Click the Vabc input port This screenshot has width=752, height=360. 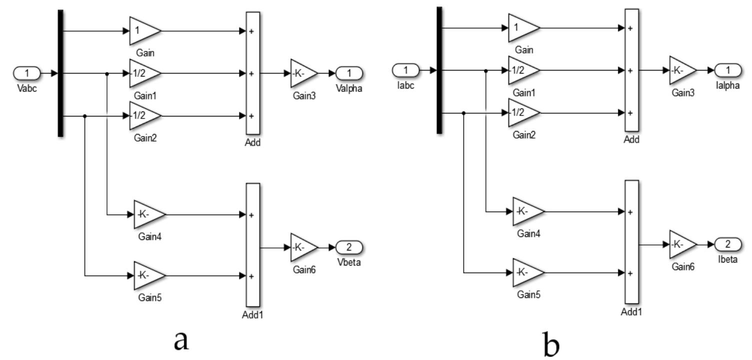[x=27, y=73]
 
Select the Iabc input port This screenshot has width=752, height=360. [x=406, y=69]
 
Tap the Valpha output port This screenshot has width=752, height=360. [x=348, y=73]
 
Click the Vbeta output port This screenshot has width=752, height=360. [x=348, y=247]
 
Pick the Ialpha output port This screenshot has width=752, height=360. [x=728, y=69]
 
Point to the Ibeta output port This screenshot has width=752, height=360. [x=728, y=244]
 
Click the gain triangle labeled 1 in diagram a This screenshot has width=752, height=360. [x=143, y=30]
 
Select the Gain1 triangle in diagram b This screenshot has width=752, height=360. [x=522, y=70]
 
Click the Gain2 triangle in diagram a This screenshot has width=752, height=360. [x=143, y=115]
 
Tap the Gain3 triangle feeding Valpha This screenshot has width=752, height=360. [x=302, y=73]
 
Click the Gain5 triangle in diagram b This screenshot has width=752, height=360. [x=526, y=273]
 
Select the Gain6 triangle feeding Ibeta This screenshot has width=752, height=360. [x=681, y=244]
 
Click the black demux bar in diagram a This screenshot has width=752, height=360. [x=60, y=73]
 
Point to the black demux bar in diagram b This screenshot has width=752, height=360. [x=439, y=70]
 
